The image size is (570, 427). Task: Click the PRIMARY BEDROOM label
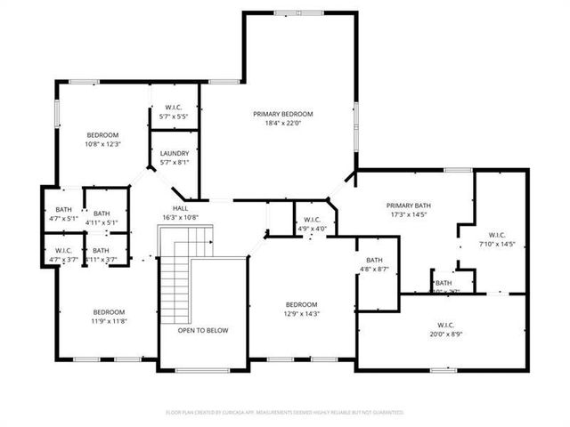[x=283, y=114]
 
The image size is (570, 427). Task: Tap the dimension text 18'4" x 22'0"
[x=283, y=123]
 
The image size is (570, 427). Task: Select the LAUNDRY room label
[x=174, y=153]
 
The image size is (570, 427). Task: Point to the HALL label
[x=180, y=209]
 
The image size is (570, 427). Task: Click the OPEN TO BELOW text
[x=202, y=330]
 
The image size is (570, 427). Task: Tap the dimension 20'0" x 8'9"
[x=446, y=334]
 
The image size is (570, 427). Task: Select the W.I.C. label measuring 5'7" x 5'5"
[x=175, y=107]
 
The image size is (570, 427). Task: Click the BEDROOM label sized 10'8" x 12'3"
[x=102, y=134]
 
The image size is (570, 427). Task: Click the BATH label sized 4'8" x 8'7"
[x=374, y=259]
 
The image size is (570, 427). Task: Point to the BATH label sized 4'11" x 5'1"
[x=102, y=213]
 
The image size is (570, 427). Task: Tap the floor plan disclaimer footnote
[x=285, y=413]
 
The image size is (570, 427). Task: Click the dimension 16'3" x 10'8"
[x=180, y=218]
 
